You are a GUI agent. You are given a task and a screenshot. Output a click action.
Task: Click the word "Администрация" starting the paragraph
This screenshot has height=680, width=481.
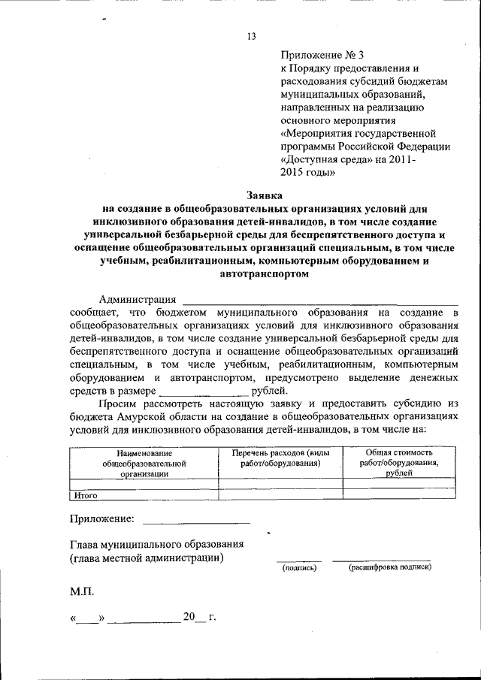[138, 300]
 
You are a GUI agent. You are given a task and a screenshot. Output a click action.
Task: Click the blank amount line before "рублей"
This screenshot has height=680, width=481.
[204, 393]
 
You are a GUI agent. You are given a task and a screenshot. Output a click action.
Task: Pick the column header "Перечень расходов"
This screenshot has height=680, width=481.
[280, 458]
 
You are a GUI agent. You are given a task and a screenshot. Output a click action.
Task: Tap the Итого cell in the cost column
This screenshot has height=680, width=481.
[398, 495]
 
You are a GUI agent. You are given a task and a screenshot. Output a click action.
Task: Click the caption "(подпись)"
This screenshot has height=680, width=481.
[299, 568]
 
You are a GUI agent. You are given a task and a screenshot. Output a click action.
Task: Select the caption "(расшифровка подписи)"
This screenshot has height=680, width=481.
[389, 567]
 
